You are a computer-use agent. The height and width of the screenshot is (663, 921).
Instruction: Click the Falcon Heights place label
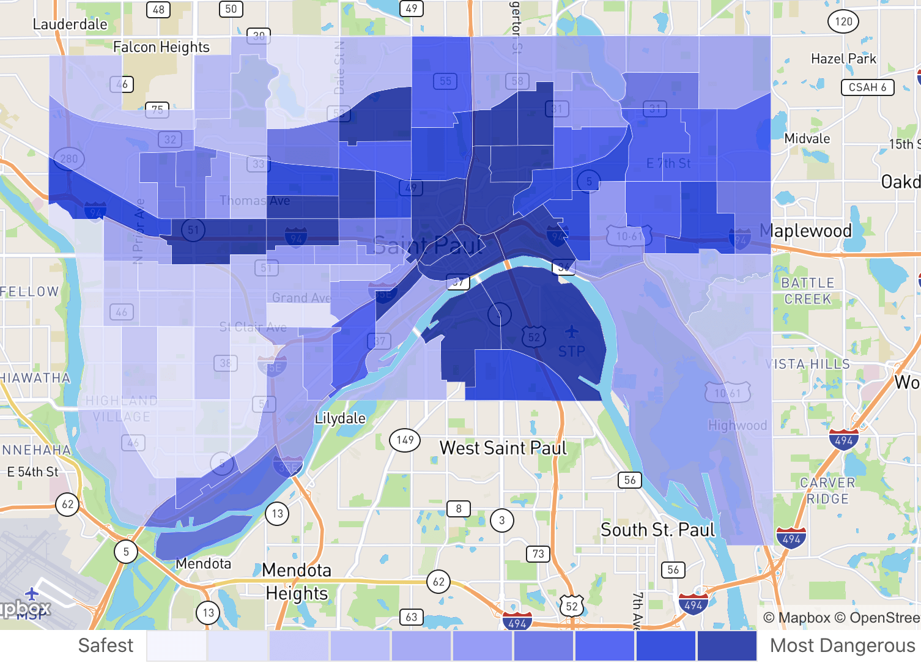pyautogui.click(x=161, y=47)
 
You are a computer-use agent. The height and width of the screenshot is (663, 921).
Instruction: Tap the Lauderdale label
pyautogui.click(x=70, y=24)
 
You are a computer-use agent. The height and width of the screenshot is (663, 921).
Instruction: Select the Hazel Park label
pyautogui.click(x=843, y=59)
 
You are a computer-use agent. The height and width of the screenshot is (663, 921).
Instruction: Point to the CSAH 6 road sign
pyautogui.click(x=867, y=87)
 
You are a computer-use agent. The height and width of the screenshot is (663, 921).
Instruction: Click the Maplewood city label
pyautogui.click(x=805, y=231)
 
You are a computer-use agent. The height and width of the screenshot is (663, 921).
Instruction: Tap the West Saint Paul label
pyautogui.click(x=503, y=448)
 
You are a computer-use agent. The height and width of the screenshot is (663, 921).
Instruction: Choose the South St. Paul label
pyautogui.click(x=657, y=530)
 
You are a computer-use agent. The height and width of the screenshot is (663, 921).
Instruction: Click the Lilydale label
pyautogui.click(x=340, y=418)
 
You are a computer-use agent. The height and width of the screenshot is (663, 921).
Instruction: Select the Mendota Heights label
pyautogui.click(x=297, y=582)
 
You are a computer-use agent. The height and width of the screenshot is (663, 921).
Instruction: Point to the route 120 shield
pyautogui.click(x=843, y=21)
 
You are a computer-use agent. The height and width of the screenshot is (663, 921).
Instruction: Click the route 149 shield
pyautogui.click(x=405, y=440)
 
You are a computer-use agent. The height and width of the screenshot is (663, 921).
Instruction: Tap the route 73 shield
pyautogui.click(x=538, y=554)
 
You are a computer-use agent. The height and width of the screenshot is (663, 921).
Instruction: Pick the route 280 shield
pyautogui.click(x=69, y=159)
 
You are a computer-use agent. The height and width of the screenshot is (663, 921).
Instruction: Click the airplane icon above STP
pyautogui.click(x=572, y=332)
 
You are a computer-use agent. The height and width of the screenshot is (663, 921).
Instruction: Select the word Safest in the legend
pyautogui.click(x=106, y=645)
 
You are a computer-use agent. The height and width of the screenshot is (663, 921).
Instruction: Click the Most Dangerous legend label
pyautogui.click(x=842, y=645)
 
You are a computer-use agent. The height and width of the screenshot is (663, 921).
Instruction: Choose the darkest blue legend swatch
pyautogui.click(x=727, y=646)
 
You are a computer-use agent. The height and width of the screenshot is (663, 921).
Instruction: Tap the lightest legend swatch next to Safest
pyautogui.click(x=177, y=646)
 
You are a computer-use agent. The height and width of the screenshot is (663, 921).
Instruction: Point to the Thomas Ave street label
pyautogui.click(x=255, y=201)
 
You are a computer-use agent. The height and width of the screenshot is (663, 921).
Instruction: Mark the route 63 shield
pyautogui.click(x=412, y=617)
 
